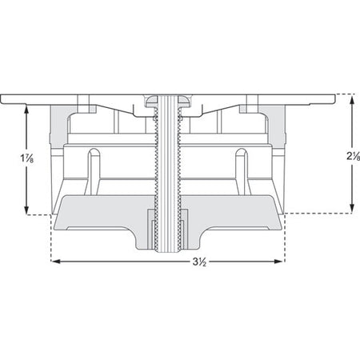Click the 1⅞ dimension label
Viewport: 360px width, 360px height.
(x=27, y=158)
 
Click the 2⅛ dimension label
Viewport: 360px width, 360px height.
(x=354, y=157)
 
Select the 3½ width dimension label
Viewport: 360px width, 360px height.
(x=200, y=262)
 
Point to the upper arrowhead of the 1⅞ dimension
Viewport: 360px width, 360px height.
(x=26, y=110)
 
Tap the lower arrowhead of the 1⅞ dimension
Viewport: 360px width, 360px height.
(x=26, y=210)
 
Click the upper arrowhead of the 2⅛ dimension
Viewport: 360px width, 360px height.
(x=352, y=101)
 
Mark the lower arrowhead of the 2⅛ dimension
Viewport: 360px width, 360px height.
(x=352, y=208)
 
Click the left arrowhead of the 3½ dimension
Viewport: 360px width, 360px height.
(x=55, y=262)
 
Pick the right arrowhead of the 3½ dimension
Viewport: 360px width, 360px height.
(x=278, y=262)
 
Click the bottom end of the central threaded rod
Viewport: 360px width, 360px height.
(x=168, y=251)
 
